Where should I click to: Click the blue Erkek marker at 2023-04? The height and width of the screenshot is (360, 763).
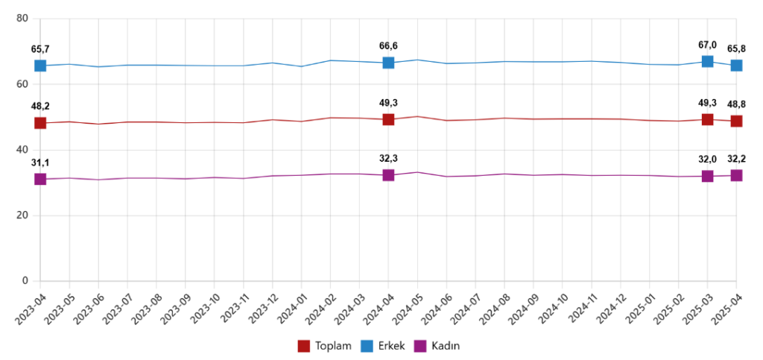pyautogui.click(x=40, y=66)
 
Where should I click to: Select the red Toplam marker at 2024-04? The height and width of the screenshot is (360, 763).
pyautogui.click(x=388, y=119)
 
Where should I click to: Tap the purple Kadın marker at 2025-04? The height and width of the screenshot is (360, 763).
pyautogui.click(x=736, y=175)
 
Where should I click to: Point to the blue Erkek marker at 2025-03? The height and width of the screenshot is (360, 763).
pyautogui.click(x=707, y=61)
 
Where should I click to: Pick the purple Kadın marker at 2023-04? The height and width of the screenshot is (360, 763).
pyautogui.click(x=40, y=179)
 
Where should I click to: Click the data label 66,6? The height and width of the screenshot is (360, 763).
pyautogui.click(x=388, y=46)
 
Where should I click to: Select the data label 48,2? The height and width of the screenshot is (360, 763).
pyautogui.click(x=40, y=106)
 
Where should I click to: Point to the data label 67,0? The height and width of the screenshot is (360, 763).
pyautogui.click(x=707, y=45)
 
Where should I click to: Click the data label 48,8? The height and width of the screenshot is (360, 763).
pyautogui.click(x=736, y=104)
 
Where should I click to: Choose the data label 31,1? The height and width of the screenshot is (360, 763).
pyautogui.click(x=40, y=162)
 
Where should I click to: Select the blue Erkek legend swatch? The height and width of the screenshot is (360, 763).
pyautogui.click(x=367, y=346)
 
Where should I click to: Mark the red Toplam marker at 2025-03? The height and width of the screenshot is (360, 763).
pyautogui.click(x=707, y=119)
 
